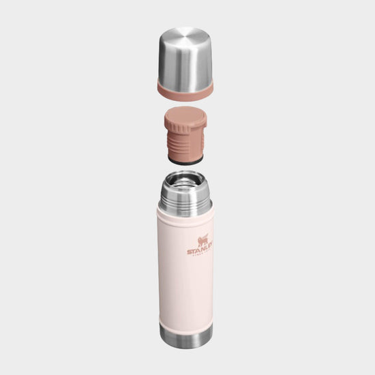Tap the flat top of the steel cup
point(185,35)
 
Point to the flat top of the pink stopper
point(185,112)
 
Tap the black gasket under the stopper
point(185,161)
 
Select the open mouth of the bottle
point(185,181)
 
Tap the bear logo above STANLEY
point(202,241)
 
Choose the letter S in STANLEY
point(190,253)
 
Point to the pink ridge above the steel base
point(185,320)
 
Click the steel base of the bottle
point(185,335)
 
